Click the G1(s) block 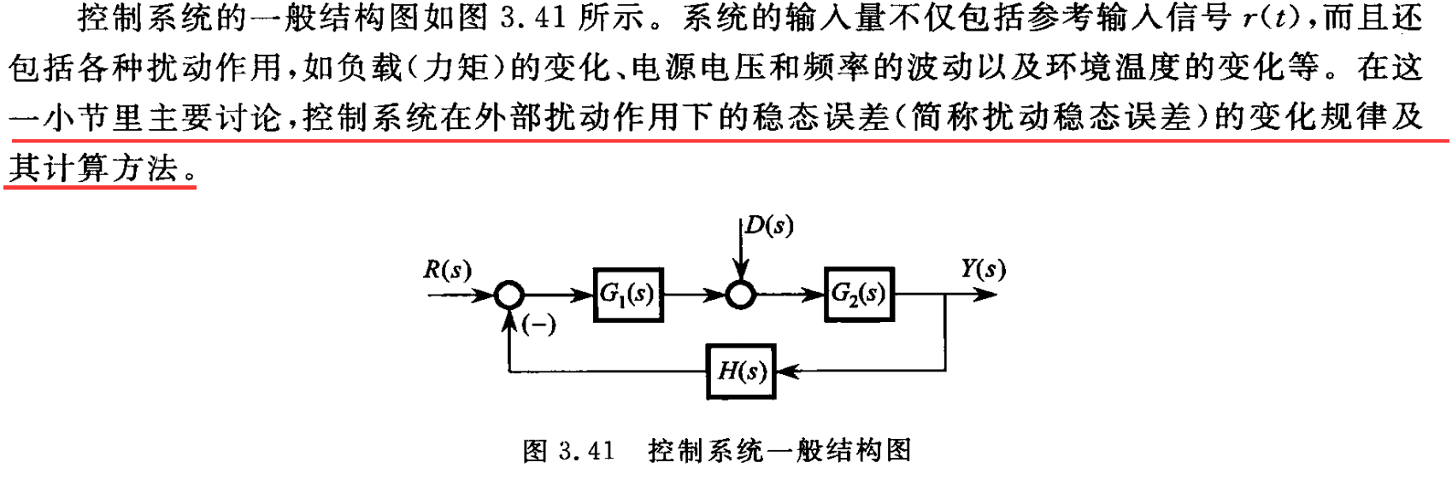tap(628, 295)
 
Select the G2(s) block tap(859, 295)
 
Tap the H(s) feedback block tap(741, 372)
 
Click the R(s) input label tap(447, 271)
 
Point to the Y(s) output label tap(983, 269)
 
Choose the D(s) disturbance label tap(768, 225)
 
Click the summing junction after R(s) tap(508, 296)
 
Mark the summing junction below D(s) tap(740, 296)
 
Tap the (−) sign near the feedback tap(538, 325)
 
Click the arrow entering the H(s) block tap(786, 372)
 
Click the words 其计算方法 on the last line tap(94, 167)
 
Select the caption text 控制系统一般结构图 tap(779, 450)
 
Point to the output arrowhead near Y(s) tap(987, 296)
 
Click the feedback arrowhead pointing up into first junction tap(509, 319)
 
